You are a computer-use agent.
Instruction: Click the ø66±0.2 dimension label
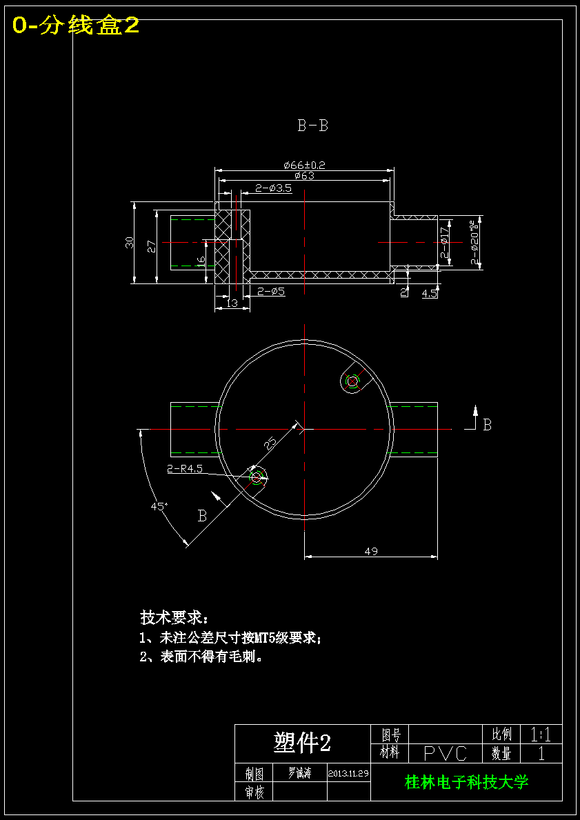[304, 165]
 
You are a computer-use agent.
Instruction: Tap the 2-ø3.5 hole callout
[274, 188]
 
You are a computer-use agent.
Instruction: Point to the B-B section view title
[312, 126]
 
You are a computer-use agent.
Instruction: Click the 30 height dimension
[129, 242]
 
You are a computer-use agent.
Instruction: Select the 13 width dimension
[232, 303]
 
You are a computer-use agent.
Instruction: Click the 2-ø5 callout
[271, 292]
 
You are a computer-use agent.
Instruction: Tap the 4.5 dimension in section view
[429, 293]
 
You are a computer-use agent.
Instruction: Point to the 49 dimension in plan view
[371, 551]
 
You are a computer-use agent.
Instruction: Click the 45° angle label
[159, 506]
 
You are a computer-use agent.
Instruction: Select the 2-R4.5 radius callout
[185, 469]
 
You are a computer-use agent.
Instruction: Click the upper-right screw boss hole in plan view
[352, 381]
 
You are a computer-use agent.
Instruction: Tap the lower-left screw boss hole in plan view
[257, 477]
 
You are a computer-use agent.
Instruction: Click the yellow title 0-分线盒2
[76, 26]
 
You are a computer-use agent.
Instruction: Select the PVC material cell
[445, 753]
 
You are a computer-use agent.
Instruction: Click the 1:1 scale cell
[541, 734]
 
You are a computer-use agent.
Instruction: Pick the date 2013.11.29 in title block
[348, 773]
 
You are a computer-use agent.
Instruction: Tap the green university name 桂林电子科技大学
[466, 782]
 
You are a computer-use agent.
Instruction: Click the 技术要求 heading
[173, 616]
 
